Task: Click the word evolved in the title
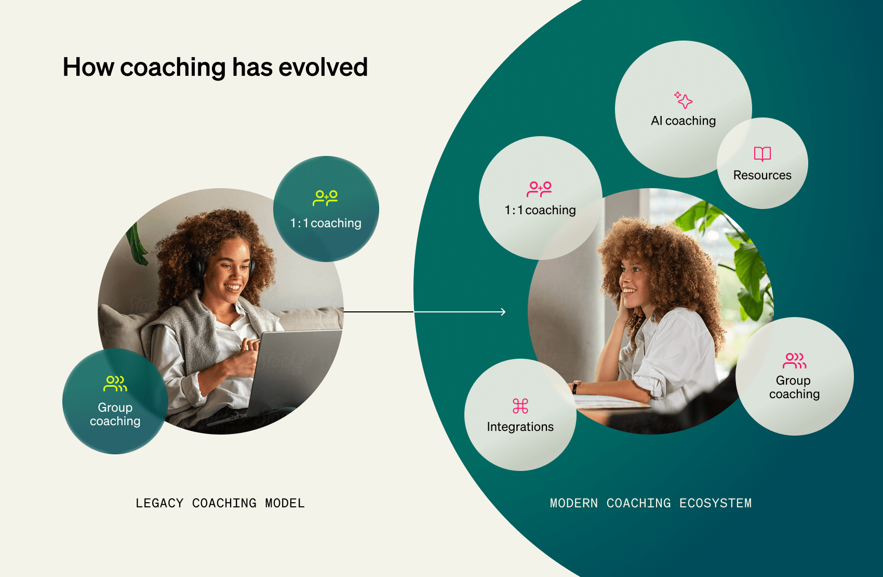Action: click(x=323, y=68)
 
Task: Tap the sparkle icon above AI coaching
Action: click(x=684, y=99)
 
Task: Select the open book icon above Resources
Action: click(x=762, y=154)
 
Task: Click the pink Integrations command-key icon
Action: click(x=520, y=406)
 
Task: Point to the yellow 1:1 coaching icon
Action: click(x=325, y=198)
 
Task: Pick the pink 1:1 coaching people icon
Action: click(x=539, y=189)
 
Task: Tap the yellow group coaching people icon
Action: click(x=115, y=384)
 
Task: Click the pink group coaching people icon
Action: click(x=794, y=360)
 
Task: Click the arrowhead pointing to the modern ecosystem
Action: click(x=503, y=312)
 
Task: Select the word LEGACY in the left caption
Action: click(x=159, y=503)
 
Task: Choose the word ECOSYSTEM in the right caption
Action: click(x=715, y=503)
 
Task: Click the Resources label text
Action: click(x=762, y=175)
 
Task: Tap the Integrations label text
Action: click(x=520, y=427)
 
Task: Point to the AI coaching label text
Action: click(x=683, y=121)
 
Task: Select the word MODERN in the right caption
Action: click(x=573, y=503)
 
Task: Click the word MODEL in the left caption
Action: click(x=285, y=503)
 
